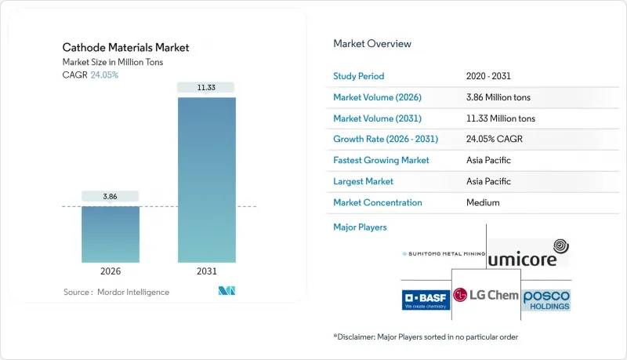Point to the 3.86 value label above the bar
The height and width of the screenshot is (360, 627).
pyautogui.click(x=111, y=195)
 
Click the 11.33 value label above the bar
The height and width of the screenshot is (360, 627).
pyautogui.click(x=207, y=87)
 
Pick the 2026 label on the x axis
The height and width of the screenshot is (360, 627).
pyautogui.click(x=111, y=271)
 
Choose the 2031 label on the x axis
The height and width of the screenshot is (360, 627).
pyautogui.click(x=207, y=271)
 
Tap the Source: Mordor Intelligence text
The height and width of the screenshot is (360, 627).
pyautogui.click(x=116, y=292)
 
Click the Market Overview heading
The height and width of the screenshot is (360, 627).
pyautogui.click(x=372, y=44)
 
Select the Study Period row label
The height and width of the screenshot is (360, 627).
pyautogui.click(x=359, y=77)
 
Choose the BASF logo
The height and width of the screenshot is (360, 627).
pyautogui.click(x=426, y=299)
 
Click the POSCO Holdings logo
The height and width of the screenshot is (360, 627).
pyautogui.click(x=546, y=299)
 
